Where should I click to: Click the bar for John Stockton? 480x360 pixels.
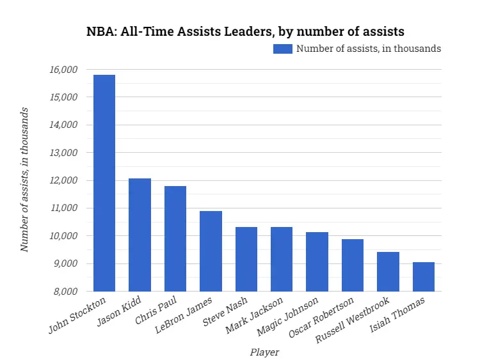coord(104,183)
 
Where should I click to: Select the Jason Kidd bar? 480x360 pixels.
coord(140,235)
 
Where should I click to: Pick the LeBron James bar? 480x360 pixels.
coord(211,251)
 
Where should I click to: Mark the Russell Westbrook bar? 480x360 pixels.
coord(388,272)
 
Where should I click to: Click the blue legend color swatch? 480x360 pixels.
coord(282,49)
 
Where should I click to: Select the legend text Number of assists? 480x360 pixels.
coord(368,49)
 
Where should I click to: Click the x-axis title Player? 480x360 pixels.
coord(264,352)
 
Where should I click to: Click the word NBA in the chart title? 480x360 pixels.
coord(100,31)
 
